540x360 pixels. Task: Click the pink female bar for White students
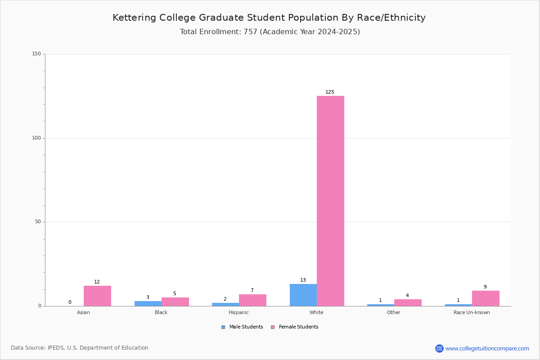330,201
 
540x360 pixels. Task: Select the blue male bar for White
303,295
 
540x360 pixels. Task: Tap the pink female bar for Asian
97,296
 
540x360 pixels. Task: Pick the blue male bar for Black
148,304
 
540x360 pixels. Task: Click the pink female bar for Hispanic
252,300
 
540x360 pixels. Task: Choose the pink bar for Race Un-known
486,298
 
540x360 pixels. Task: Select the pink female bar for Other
408,302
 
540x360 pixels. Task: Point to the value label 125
330,92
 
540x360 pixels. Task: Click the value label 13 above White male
303,280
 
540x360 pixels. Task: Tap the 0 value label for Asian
70,302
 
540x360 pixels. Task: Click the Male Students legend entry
242,327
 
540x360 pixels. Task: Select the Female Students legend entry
295,327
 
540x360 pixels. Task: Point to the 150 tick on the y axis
36,54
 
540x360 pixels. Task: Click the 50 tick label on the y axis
38,222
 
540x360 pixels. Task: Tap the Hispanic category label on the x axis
238,312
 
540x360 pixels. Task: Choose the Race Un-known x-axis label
472,312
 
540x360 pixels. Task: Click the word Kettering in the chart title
134,18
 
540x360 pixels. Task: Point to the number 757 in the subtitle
251,32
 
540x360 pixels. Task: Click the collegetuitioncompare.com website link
487,348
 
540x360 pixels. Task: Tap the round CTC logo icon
439,348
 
